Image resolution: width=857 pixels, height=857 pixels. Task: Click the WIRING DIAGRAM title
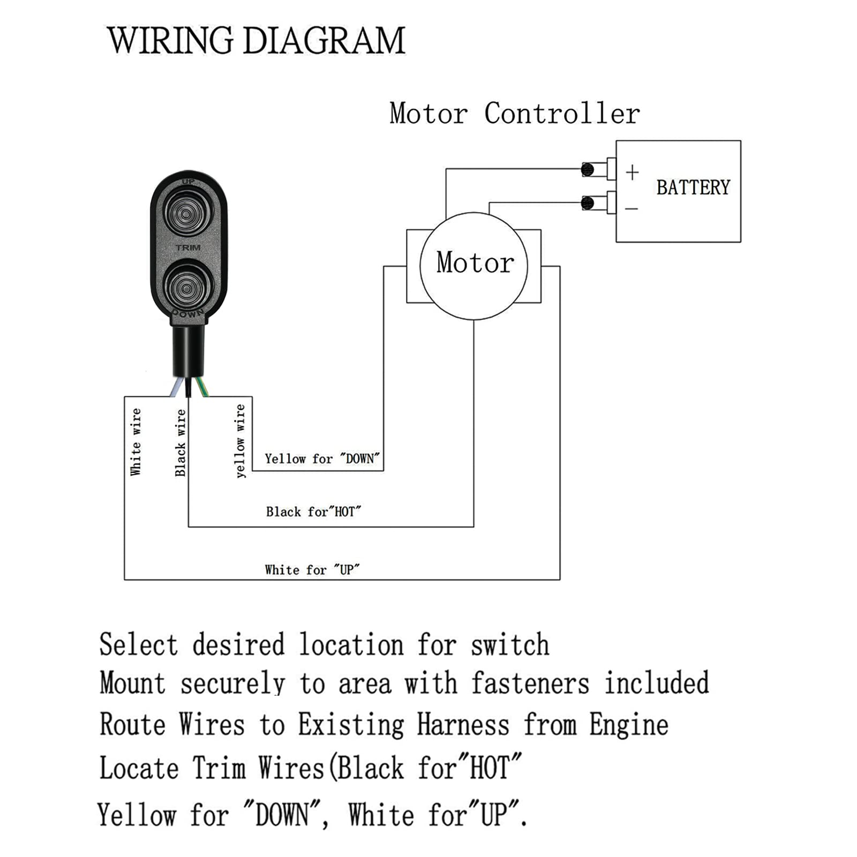256,41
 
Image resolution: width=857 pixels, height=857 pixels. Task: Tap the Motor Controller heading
514,114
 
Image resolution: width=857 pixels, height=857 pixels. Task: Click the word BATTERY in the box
693,187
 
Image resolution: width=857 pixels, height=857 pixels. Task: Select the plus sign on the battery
632,172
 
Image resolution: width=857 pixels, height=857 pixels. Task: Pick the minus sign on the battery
632,208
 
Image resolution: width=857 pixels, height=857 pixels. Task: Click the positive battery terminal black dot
588,170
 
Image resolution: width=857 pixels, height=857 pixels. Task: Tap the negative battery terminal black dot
588,203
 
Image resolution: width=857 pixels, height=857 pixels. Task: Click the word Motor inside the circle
475,263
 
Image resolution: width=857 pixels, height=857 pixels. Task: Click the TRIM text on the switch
188,247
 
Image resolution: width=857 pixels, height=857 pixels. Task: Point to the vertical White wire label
136,442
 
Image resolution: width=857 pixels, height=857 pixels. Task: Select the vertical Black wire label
181,443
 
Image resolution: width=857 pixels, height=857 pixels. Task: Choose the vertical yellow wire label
240,441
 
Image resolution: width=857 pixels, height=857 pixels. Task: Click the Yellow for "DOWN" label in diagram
322,459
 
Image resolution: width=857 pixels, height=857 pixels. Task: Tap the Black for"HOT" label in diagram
313,512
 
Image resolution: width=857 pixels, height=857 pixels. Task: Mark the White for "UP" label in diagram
312,570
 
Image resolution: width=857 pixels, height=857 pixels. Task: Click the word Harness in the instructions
463,725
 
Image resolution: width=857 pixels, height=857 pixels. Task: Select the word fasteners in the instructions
530,684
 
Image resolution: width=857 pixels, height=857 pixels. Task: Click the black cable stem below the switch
188,351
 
